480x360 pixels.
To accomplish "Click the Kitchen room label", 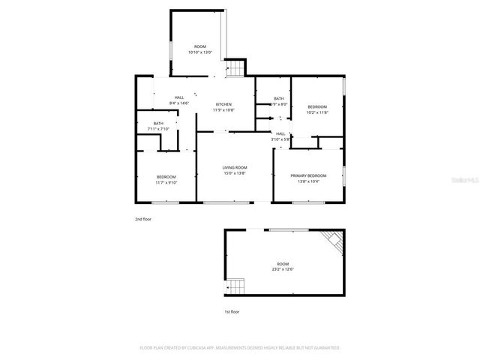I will point(223,104).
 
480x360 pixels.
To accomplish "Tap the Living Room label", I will point(235,167).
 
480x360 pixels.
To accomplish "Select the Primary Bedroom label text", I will point(307,175).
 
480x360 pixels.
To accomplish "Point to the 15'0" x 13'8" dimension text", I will point(235,173).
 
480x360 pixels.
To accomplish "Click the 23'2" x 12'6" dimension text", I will point(283,269).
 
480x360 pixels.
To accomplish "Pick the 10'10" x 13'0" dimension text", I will point(200,52).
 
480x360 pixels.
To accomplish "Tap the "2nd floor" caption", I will point(143,219).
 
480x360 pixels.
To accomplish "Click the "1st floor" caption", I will point(232,311).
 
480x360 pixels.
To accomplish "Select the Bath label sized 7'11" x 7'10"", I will point(158,124).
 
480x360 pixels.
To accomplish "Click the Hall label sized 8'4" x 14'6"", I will point(179,97).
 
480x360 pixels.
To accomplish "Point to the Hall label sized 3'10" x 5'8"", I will point(280,133).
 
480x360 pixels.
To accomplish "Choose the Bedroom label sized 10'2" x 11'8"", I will point(317,107).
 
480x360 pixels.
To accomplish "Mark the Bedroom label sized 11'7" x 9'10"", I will point(166,176).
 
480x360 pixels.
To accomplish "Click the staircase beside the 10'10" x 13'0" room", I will point(236,68).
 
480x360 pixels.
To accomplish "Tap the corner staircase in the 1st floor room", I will point(332,242).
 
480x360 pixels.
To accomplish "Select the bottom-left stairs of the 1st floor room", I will point(237,287).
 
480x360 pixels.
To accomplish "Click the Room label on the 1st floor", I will point(283,264).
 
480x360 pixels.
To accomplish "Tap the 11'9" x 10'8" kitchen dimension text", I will point(223,110).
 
